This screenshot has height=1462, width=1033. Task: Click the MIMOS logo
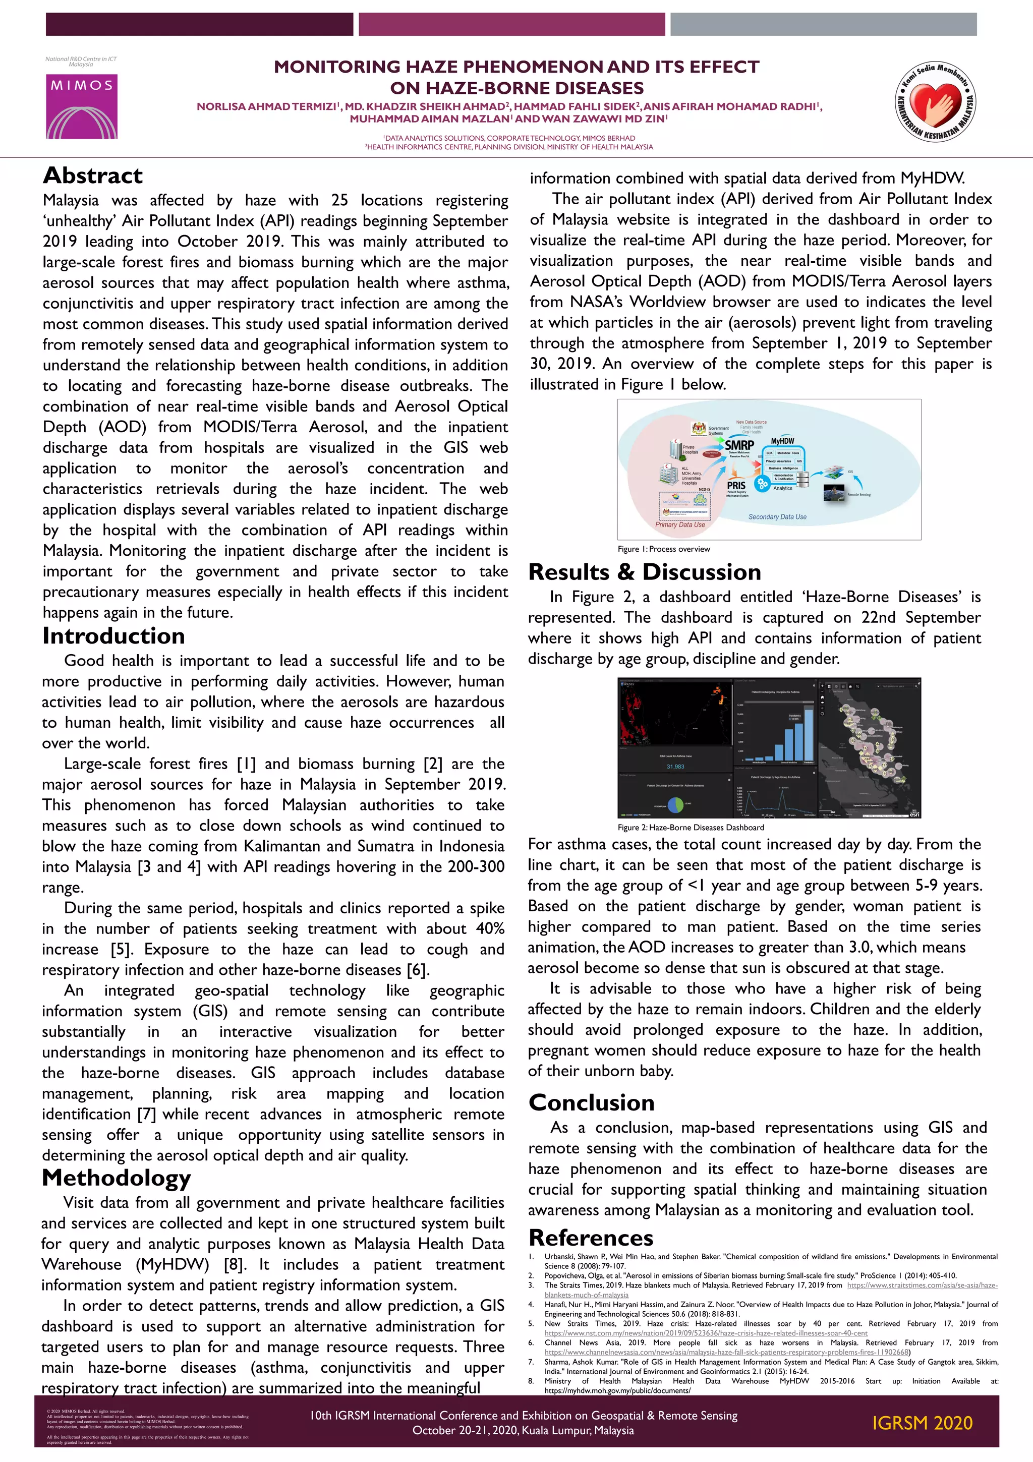[82, 106]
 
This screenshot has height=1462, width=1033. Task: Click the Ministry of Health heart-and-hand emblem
[935, 101]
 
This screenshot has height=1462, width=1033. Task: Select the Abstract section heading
[93, 175]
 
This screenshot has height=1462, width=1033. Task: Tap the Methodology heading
[116, 1178]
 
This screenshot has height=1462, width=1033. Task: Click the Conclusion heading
[591, 1102]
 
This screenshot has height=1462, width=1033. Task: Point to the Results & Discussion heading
[645, 572]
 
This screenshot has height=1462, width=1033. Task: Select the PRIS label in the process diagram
[736, 485]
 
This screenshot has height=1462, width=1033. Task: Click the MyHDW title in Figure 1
[782, 441]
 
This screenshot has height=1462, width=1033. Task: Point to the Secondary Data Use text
[777, 517]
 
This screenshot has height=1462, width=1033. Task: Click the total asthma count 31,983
[675, 767]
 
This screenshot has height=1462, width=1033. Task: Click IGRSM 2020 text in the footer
[922, 1423]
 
